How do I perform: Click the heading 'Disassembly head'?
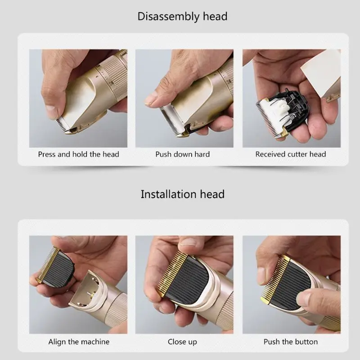coord(182,17)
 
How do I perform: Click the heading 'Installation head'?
coord(182,194)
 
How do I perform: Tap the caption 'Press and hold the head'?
coord(78,154)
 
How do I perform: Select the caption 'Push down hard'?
coord(183,154)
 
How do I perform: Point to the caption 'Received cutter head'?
coord(290,154)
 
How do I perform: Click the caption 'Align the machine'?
coord(79,342)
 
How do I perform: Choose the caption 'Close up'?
coord(182,342)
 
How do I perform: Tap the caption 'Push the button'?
coord(291,342)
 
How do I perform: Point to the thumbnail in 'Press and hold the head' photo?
coord(51,111)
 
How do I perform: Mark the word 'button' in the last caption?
coord(306,342)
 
